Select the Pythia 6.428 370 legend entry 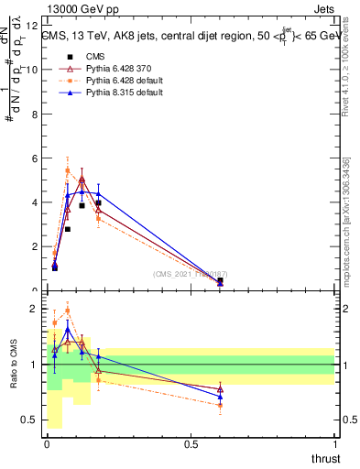111,68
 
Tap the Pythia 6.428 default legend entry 115,81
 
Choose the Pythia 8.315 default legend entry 115,93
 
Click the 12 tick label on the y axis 33,26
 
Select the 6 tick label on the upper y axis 35,158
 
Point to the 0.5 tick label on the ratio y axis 30,420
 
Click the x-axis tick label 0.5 191,443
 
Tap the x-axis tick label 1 335,443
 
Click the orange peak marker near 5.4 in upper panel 68,170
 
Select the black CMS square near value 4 98,202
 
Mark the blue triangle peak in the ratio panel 68,330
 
